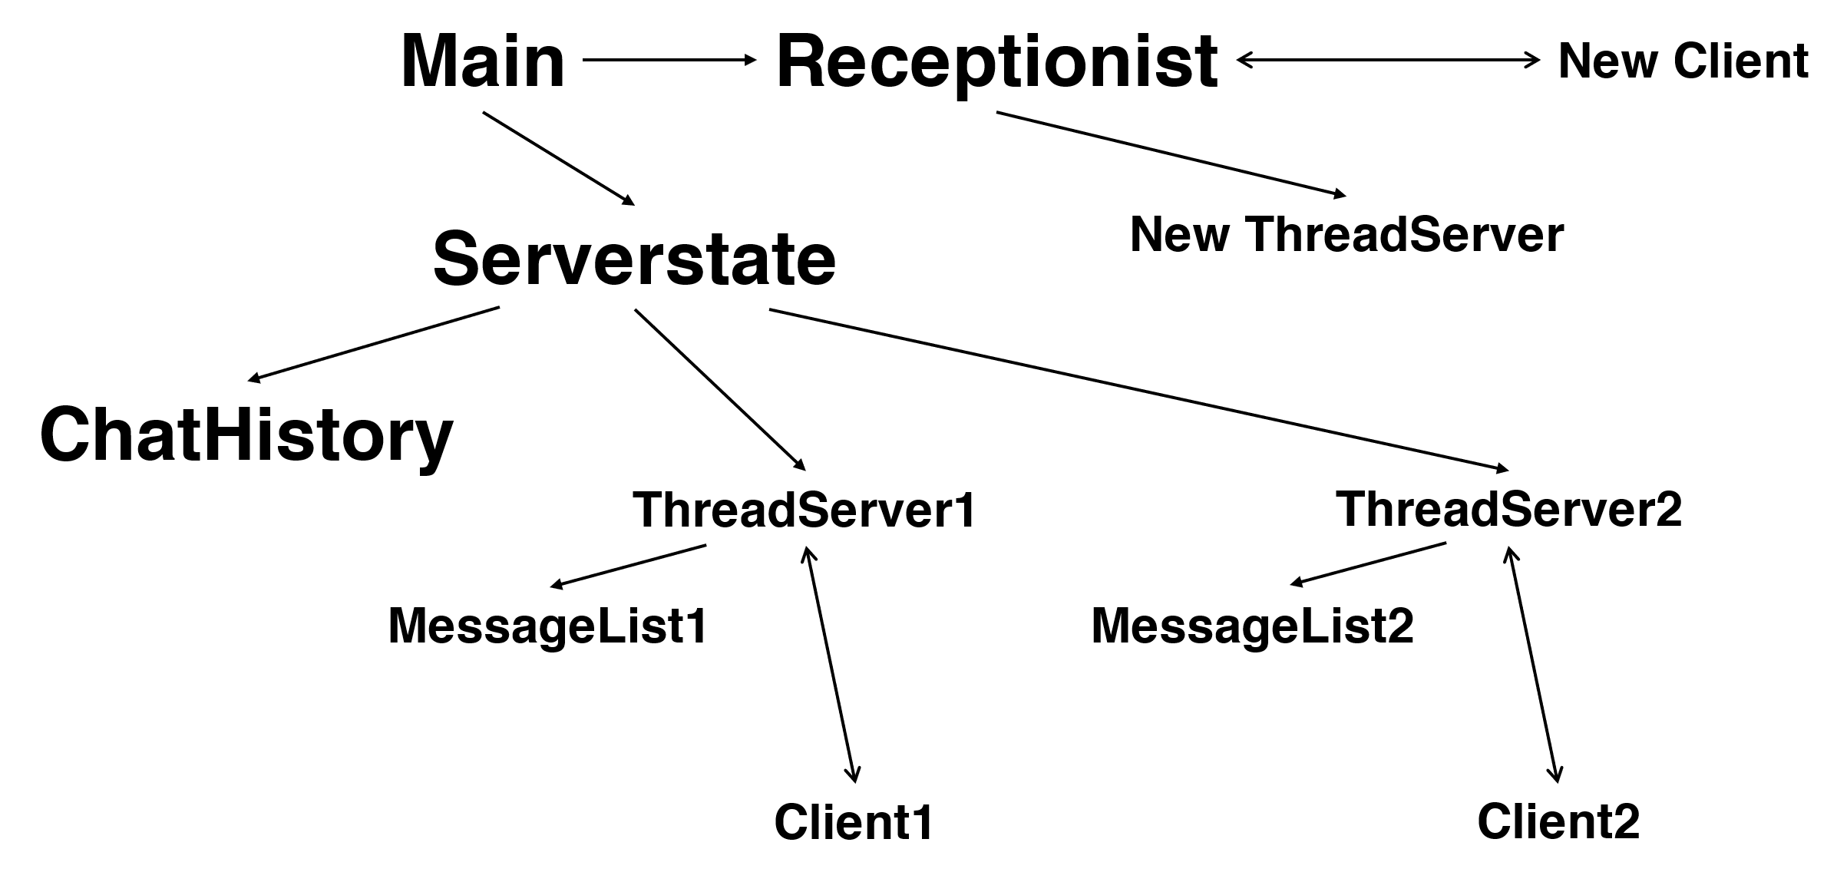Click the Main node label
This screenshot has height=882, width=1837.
(x=482, y=61)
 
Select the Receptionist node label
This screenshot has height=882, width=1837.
(x=996, y=63)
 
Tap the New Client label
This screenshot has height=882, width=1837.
(x=1683, y=61)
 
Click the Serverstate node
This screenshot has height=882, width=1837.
(x=634, y=259)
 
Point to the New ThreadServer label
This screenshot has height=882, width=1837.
(x=1346, y=234)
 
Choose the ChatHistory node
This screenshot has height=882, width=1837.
(x=246, y=436)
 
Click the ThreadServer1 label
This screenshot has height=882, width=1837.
(x=804, y=510)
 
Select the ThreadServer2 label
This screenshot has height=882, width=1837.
(x=1509, y=508)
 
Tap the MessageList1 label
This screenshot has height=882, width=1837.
(x=547, y=626)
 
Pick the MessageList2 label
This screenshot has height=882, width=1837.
(x=1252, y=626)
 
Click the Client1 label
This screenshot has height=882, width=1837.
(x=854, y=822)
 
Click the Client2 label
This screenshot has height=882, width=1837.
(x=1558, y=822)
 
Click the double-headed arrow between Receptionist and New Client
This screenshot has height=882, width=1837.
(x=1388, y=60)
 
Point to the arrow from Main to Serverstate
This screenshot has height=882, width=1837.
(x=559, y=158)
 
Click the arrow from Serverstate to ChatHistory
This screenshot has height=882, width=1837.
(x=374, y=343)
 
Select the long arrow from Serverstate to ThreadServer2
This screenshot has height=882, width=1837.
(x=1138, y=390)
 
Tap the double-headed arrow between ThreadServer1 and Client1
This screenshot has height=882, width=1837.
(x=830, y=665)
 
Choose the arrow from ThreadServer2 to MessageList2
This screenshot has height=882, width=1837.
(x=1368, y=564)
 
